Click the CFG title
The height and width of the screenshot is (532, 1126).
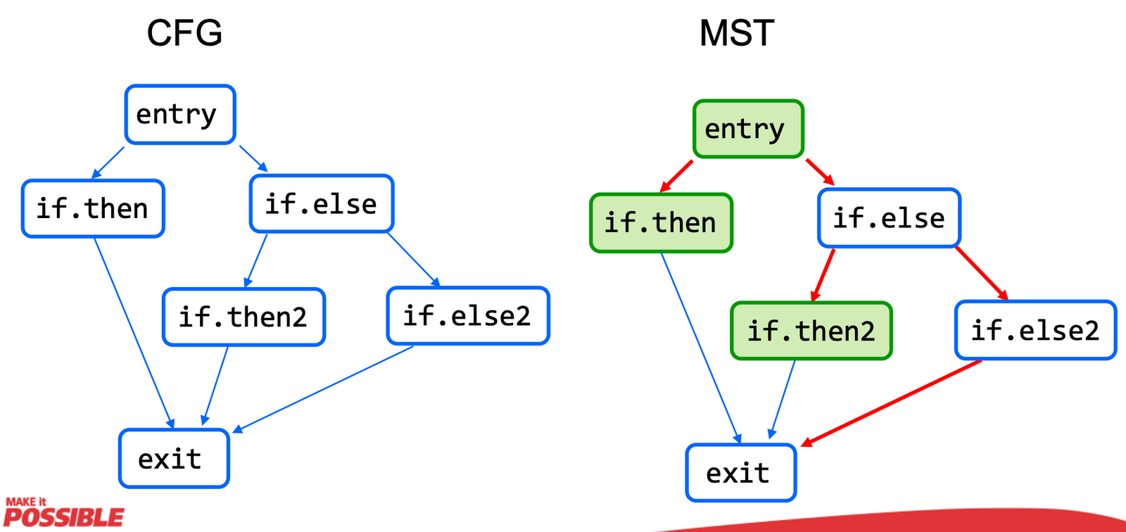coord(184,33)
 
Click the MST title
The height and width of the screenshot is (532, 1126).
coord(737,33)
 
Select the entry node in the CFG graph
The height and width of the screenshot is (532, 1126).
coord(180,115)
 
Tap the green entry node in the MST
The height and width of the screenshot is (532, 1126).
coord(748,129)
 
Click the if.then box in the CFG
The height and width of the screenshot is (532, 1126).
coord(93,209)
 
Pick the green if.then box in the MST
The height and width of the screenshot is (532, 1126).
coord(661,223)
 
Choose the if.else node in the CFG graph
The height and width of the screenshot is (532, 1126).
coord(322,204)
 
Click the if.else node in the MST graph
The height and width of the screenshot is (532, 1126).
coord(889,218)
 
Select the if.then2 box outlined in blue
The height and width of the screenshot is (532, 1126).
coord(243,317)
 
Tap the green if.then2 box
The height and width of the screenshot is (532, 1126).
coord(811,331)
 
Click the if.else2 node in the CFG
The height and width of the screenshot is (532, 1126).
coord(467,316)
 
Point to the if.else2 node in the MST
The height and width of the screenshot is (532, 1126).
coord(1035,330)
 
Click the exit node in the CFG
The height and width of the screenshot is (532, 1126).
coord(174,459)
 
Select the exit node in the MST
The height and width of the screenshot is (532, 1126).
coord(741,473)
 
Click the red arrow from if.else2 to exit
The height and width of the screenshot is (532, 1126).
coord(892,403)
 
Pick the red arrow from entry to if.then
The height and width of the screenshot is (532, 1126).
coord(677,176)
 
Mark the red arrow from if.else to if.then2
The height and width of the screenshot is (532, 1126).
coord(823,275)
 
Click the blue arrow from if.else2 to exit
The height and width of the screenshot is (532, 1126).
coord(324,389)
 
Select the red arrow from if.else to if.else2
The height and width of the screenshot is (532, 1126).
coord(982,273)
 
